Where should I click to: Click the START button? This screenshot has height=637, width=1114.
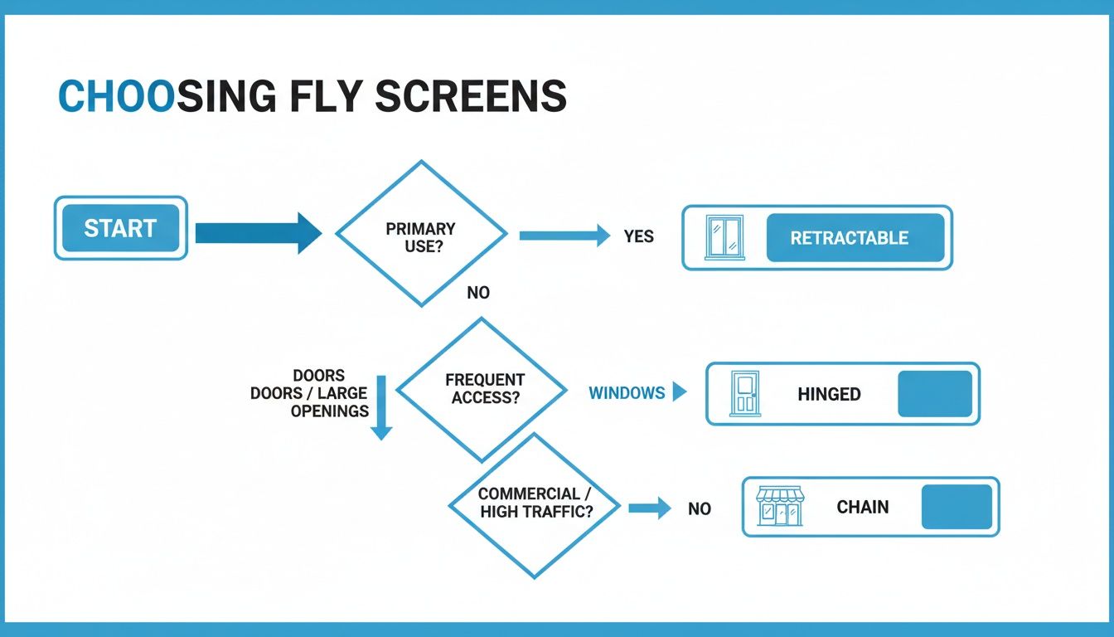[120, 228]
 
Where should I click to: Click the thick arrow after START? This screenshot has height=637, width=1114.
[258, 232]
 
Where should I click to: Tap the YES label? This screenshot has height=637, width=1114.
[638, 236]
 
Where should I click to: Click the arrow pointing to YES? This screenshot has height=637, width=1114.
[564, 236]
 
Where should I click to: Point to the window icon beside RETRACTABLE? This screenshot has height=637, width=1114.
[724, 237]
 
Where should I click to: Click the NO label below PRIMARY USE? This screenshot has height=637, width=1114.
[478, 293]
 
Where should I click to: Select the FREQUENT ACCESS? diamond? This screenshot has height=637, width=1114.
[482, 388]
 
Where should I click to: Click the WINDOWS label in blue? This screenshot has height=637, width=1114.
[627, 393]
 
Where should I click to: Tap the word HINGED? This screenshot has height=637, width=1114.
[829, 395]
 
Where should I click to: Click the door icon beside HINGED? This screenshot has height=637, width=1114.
[744, 394]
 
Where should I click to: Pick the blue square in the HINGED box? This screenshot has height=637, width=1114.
[934, 394]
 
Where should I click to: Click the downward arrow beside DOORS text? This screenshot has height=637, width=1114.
[380, 407]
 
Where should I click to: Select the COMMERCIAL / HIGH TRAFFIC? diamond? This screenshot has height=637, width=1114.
[535, 504]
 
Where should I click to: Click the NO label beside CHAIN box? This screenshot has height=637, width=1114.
[700, 508]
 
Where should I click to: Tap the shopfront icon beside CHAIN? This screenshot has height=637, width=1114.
[779, 507]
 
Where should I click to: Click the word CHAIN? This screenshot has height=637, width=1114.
[862, 507]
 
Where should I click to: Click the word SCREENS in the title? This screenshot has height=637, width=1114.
[471, 98]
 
